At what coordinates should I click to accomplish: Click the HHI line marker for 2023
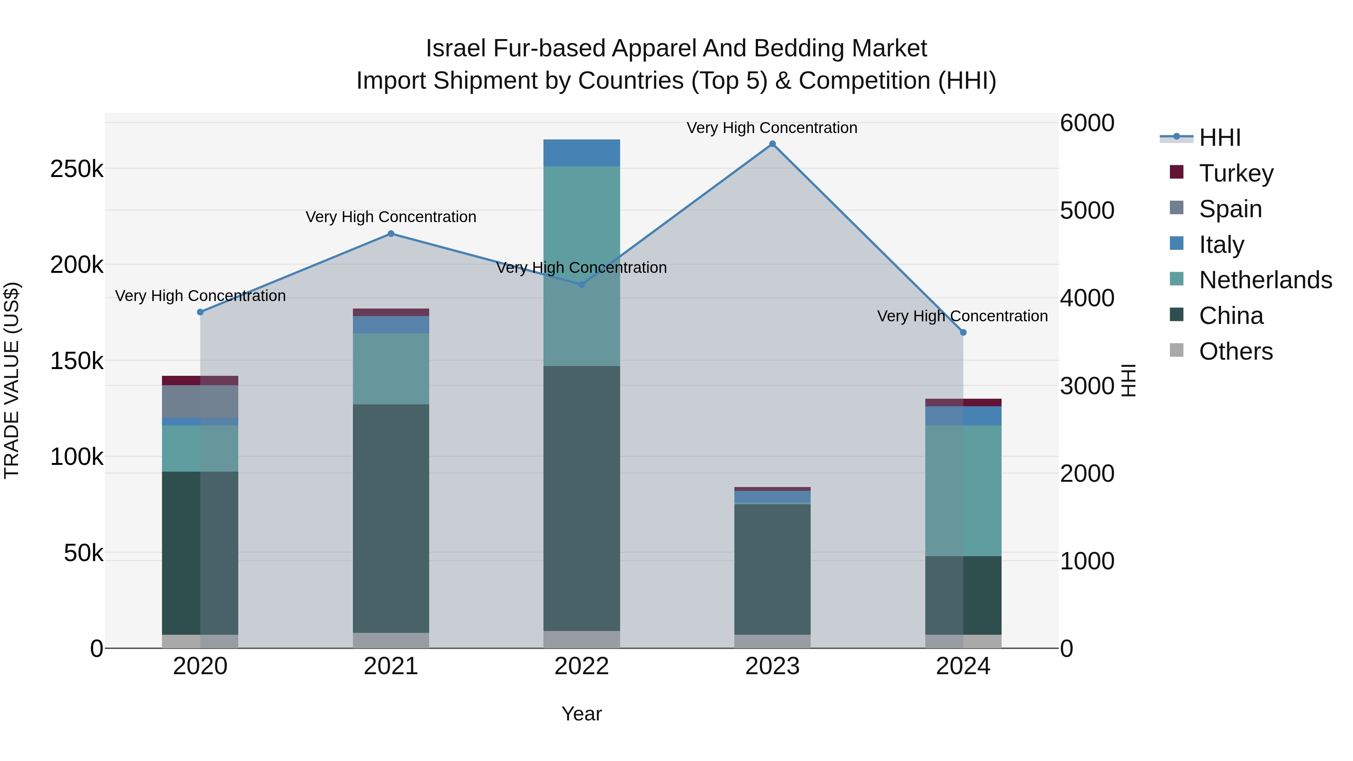click(x=772, y=144)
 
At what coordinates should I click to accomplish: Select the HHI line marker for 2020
click(x=200, y=312)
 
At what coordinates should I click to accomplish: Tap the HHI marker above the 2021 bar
click(x=391, y=234)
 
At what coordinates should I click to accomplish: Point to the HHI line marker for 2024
click(x=963, y=333)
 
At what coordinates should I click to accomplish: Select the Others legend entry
click(x=1235, y=351)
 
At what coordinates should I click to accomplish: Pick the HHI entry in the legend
click(x=1220, y=138)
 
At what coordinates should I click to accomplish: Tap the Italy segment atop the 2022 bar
click(x=581, y=153)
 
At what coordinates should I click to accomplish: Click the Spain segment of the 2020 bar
click(x=200, y=401)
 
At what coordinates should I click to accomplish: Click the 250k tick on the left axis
click(x=77, y=169)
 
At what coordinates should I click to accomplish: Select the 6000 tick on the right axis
click(x=1087, y=123)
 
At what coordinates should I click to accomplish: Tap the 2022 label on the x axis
click(x=581, y=666)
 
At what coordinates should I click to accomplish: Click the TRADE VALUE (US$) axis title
click(x=12, y=380)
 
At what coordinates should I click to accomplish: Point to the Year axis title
click(x=581, y=714)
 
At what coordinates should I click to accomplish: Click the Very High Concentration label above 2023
click(x=772, y=128)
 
